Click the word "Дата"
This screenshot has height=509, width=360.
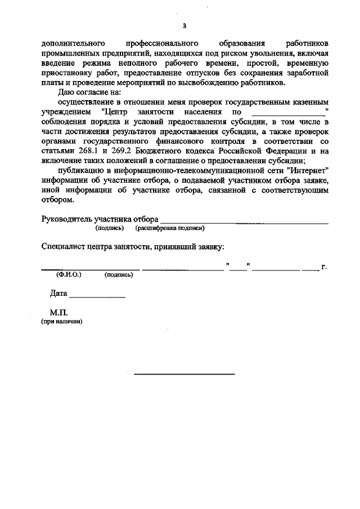58,294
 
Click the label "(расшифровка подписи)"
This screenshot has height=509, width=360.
169,228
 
